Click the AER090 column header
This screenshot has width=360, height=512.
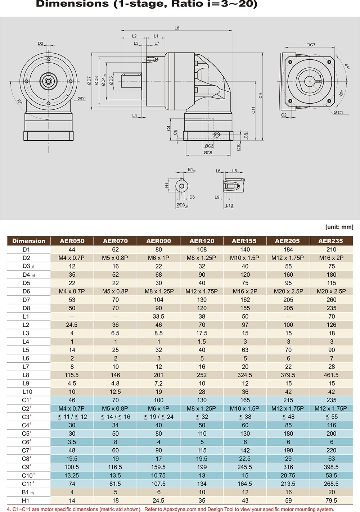pos(158,241)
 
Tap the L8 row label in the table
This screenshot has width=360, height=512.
pos(26,375)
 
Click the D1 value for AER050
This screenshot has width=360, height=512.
pos(72,249)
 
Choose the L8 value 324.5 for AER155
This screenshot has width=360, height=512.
pos(245,375)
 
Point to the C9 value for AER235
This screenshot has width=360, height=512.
pos(331,467)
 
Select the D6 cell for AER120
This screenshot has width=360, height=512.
pos(202,291)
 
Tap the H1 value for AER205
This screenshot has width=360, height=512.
pos(288,500)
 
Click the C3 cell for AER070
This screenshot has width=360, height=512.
pos(115,417)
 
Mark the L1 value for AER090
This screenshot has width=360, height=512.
pos(158,316)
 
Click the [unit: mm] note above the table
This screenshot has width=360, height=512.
pos(339,227)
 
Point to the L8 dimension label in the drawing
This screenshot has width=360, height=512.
pos(177,28)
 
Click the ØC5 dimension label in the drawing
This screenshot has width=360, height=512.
pos(208,153)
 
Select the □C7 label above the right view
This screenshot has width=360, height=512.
pos(311,45)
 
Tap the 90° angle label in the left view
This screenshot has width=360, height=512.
pos(19,101)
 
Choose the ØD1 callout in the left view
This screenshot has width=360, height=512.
pos(81,99)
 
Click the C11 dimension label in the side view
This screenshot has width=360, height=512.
pos(253,110)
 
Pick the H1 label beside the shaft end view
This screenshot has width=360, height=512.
pos(167,185)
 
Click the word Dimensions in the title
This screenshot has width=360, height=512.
pos(72,4)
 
